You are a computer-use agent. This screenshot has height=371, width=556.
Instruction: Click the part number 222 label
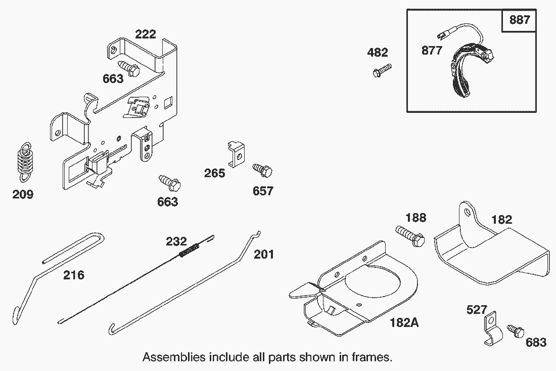pyautogui.click(x=146, y=34)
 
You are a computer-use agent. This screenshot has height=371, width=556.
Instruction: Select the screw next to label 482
pyautogui.click(x=382, y=70)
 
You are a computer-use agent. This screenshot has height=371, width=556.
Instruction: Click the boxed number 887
pyautogui.click(x=520, y=20)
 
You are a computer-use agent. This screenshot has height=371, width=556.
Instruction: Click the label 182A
pyautogui.click(x=404, y=322)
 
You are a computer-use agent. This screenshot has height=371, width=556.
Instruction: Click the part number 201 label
pyautogui.click(x=264, y=254)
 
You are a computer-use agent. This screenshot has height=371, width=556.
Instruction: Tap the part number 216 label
pyautogui.click(x=74, y=275)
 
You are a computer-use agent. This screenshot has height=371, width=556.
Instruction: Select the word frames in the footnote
pyautogui.click(x=373, y=357)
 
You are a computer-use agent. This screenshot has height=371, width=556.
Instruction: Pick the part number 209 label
pyautogui.click(x=23, y=194)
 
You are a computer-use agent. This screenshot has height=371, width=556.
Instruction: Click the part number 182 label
pyautogui.click(x=501, y=220)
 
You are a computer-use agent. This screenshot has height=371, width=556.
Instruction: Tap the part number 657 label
pyautogui.click(x=263, y=191)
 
